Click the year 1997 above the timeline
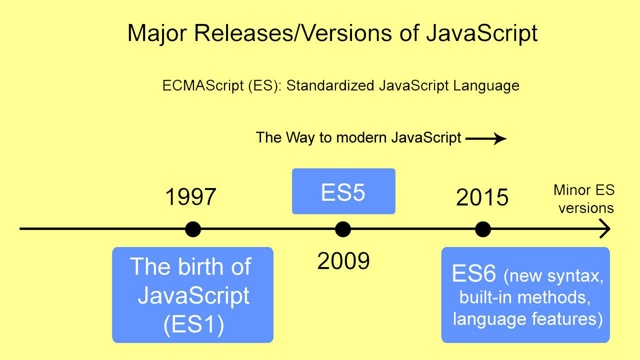190,197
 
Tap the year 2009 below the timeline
343,261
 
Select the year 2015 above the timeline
482,198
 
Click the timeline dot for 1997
193,229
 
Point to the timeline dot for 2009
343,229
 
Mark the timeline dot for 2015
482,229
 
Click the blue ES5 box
343,191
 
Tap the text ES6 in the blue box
473,274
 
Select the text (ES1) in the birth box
193,325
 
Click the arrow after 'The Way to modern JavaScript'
486,138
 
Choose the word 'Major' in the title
157,33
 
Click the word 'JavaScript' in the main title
481,33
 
